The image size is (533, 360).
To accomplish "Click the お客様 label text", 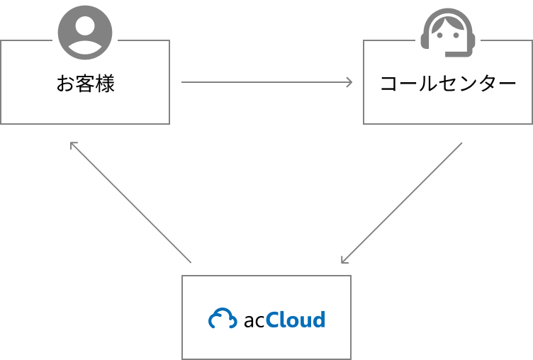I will coord(85,84).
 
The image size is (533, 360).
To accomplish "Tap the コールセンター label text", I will coord(448,84).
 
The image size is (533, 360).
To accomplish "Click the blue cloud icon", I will coord(223,320).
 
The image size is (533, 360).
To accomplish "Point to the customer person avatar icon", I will coord(85,33).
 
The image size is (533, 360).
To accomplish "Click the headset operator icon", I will coord(447,33).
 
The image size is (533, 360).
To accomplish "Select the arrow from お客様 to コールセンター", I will coord(266,82).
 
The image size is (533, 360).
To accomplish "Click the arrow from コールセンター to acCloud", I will coord(401,203).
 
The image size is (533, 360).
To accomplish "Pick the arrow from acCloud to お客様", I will coord(131,203).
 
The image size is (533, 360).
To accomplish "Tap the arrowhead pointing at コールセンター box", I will coord(349,82).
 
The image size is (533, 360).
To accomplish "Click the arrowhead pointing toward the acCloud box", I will coord(344,259).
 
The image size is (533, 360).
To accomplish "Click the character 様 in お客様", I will coord(105,84).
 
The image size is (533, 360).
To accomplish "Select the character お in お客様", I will coord(65,84).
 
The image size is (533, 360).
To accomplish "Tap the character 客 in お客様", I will coord(85,84).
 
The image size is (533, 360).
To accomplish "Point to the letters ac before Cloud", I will coord(254,321).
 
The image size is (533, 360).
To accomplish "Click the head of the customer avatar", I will coord(85,26).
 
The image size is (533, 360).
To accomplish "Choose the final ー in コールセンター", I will coord(507,84).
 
